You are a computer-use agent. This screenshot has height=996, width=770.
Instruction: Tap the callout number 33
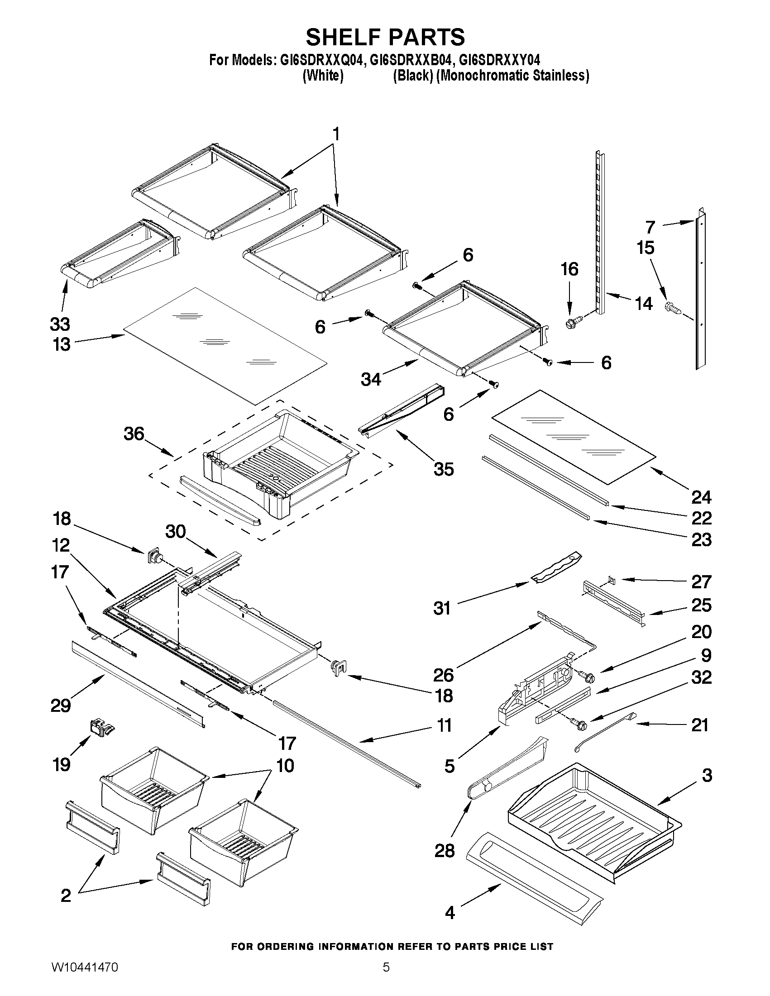60,324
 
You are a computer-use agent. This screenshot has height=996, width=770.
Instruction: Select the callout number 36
134,434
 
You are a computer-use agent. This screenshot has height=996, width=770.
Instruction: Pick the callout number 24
701,496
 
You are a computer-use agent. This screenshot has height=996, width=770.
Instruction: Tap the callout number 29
61,705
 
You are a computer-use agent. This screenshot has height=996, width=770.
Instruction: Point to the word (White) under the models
323,75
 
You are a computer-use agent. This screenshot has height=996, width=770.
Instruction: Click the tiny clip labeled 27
612,580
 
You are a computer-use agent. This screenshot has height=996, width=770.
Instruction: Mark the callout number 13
61,344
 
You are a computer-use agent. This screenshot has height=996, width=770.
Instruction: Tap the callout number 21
700,724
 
